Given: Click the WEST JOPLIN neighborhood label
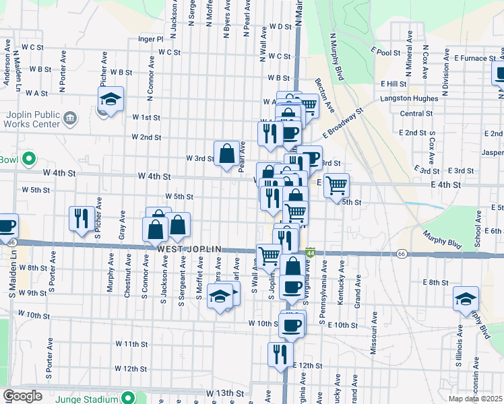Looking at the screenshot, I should point(189,249).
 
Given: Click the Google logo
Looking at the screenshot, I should point(22,396).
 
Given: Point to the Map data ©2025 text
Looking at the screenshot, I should point(476,399).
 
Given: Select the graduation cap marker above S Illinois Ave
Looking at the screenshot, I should point(466,300).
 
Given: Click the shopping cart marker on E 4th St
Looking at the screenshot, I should point(336,185).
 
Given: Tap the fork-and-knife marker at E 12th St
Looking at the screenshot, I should point(280,355).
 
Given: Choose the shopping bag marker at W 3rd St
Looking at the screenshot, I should point(227,154).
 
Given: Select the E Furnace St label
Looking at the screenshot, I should point(475,58).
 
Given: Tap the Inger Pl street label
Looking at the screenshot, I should point(150,39).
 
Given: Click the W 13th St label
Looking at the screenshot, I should point(224,393).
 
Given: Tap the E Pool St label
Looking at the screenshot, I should point(385,51).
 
